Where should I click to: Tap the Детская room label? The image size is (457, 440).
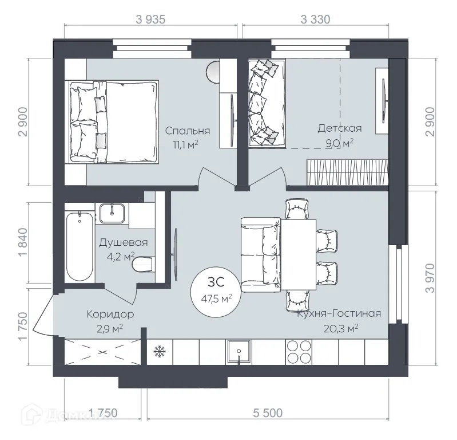(340, 128)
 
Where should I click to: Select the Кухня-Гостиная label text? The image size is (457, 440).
(339, 313)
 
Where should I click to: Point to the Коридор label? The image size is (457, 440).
(110, 314)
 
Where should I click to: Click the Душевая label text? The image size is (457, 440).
(123, 242)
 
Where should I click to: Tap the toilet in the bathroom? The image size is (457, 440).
(143, 265)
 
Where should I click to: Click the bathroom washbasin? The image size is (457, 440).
(113, 213)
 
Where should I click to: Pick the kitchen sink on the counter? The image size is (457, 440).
(238, 351)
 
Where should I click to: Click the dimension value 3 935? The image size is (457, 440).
(150, 19)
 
